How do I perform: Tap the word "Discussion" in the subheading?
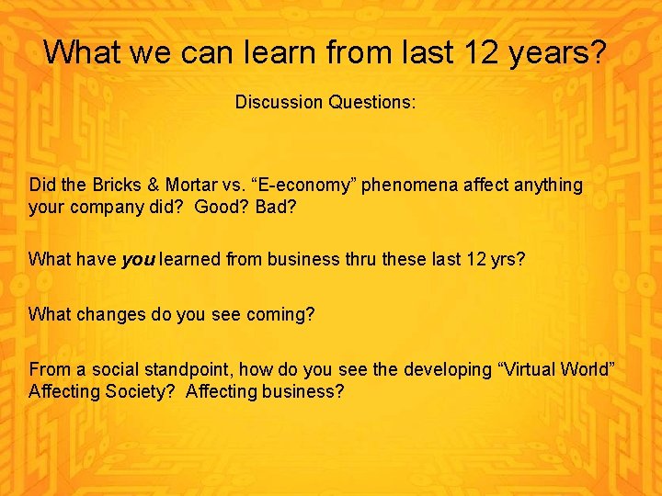tap(279, 102)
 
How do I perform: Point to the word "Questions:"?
tap(371, 102)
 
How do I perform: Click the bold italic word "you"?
tap(138, 260)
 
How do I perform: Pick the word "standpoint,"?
tap(190, 370)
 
